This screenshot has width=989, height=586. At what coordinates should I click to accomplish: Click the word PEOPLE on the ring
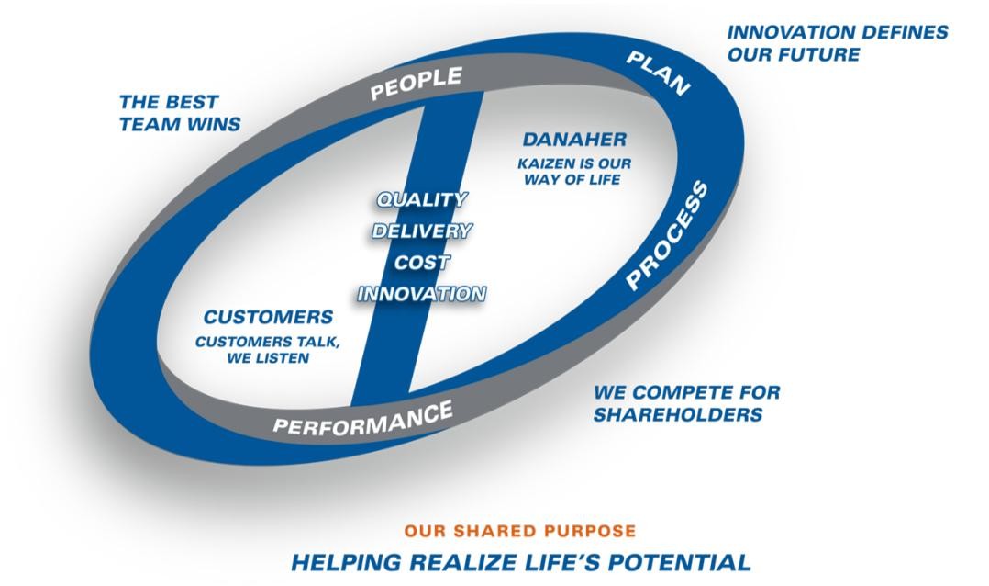[x=417, y=83]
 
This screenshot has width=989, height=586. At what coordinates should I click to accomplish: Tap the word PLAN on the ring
[x=658, y=73]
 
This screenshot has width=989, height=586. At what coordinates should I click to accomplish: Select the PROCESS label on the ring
[x=668, y=235]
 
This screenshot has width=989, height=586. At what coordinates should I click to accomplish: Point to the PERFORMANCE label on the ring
[x=362, y=418]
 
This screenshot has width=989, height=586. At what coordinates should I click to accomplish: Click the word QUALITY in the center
[x=422, y=199]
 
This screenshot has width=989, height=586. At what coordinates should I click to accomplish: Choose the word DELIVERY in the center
[x=422, y=231]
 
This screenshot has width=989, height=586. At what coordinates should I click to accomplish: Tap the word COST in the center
[x=422, y=262]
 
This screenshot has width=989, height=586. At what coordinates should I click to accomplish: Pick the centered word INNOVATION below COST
[x=422, y=294]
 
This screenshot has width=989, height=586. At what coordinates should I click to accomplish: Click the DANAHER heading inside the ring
[x=574, y=139]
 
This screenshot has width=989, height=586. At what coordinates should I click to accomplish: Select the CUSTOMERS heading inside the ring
[x=268, y=316]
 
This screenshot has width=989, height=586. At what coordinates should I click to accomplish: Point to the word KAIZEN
[x=544, y=163]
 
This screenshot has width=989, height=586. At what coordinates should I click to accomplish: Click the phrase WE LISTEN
[x=268, y=358]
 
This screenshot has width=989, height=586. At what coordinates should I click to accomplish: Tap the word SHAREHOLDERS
[x=678, y=414]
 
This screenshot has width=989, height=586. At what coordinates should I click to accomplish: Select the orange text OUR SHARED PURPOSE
[x=520, y=531]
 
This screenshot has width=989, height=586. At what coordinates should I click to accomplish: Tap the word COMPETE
[x=675, y=392]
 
